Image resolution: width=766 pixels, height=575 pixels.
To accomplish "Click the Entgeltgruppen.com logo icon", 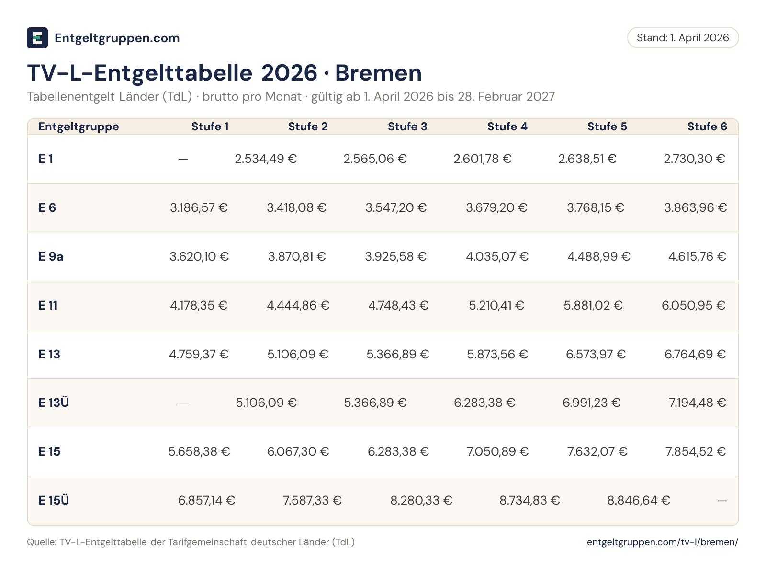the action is pos(37,38).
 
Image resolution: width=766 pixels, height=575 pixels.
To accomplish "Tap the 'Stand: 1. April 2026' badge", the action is pos(683,38).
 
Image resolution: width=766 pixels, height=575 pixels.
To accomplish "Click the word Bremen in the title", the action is pos(378,73).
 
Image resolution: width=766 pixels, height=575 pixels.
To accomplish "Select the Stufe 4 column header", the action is pos(507,126).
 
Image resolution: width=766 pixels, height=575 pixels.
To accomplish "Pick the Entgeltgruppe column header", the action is pos(79,126).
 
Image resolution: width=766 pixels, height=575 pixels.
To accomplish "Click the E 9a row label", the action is pos(51,257).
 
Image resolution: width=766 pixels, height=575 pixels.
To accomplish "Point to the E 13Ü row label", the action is pos(54,402).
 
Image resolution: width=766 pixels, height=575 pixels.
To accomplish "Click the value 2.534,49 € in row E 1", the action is pos(266,159).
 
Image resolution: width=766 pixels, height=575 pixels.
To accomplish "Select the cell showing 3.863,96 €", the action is pos(695,208).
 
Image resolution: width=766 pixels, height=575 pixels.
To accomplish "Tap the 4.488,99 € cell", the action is pos(598,257).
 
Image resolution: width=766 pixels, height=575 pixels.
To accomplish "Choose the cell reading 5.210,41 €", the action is pos(496,306).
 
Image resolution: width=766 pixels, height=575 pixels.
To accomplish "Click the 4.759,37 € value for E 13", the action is pos(199,355).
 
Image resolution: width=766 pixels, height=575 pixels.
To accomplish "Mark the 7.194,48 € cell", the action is pos(697,402).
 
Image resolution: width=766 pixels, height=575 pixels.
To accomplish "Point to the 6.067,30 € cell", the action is pos(298,451).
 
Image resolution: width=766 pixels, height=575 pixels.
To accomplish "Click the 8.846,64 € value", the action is pos(639,500).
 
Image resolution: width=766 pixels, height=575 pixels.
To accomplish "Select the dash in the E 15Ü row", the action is pos(722,501).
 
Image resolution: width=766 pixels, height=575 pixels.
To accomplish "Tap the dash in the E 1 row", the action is pos(183,159).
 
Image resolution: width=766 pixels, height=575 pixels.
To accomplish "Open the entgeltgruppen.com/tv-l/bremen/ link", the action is pos(663,542).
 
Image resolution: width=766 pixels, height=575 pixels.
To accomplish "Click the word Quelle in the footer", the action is pos(42,542).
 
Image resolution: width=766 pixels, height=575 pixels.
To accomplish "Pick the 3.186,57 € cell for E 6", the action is pos(199,208).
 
